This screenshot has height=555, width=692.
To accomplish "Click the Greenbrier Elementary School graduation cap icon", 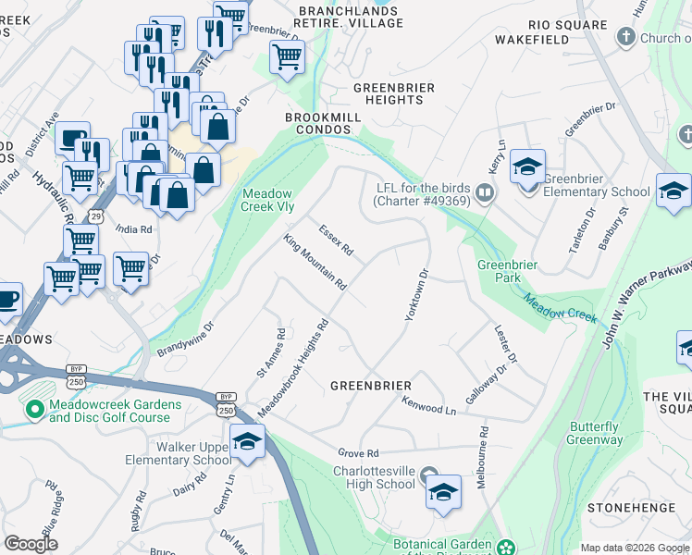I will pos(527,168).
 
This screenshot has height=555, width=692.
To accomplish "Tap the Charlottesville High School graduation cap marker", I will pos(443,491).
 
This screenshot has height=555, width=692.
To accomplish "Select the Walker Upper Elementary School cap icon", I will pos(246,442).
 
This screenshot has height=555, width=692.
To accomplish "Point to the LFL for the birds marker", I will pos(486,193).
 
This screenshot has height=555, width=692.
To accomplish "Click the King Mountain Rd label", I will pos(315,262).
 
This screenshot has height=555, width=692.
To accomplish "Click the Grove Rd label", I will pos(359,453).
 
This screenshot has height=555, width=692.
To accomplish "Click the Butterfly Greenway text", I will pos(594,433).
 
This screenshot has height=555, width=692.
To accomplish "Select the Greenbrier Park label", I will pos(507,271).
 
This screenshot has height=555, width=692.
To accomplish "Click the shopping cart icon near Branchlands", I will pos(287,57).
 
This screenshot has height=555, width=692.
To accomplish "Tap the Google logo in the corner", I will pos(31,544).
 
